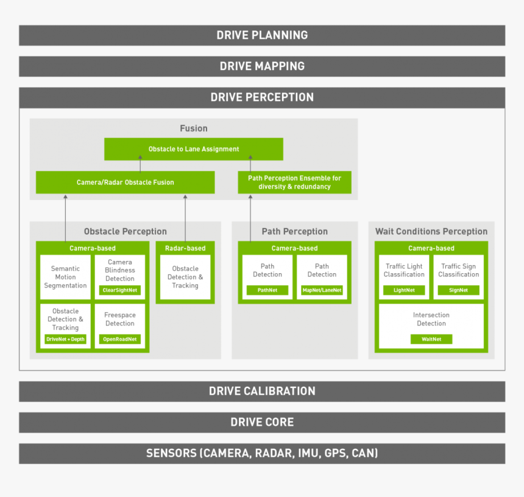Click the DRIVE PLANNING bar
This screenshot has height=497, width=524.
tap(262, 35)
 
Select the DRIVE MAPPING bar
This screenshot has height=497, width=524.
tap(262, 66)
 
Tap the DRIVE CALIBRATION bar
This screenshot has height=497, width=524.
tap(262, 391)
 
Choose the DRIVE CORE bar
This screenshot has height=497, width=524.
tap(262, 422)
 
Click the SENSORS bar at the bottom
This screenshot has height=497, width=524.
tap(262, 453)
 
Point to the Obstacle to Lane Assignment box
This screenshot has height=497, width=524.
tap(194, 149)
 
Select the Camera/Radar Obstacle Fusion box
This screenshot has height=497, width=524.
tap(125, 182)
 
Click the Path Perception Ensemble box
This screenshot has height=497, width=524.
tap(294, 182)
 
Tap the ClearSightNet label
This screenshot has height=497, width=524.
tap(120, 290)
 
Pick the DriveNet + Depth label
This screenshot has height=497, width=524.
tap(65, 339)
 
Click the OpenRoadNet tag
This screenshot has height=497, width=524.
tap(120, 339)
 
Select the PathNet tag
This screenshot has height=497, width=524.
tap(267, 290)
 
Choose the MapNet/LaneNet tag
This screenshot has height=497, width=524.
tap(322, 290)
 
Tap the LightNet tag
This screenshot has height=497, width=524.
tap(404, 290)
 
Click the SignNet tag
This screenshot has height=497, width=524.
tap(458, 290)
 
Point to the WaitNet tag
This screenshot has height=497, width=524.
tap(431, 339)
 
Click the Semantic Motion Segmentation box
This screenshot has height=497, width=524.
tap(65, 277)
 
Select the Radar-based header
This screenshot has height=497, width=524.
tap(185, 248)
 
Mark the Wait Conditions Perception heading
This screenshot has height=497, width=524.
tap(431, 231)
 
